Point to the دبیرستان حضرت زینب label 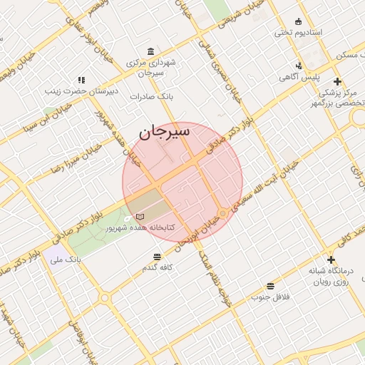click(76, 90)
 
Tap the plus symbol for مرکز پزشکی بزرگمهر click(337, 81)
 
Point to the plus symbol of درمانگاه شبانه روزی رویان click(330, 259)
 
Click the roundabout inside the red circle click(224, 213)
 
